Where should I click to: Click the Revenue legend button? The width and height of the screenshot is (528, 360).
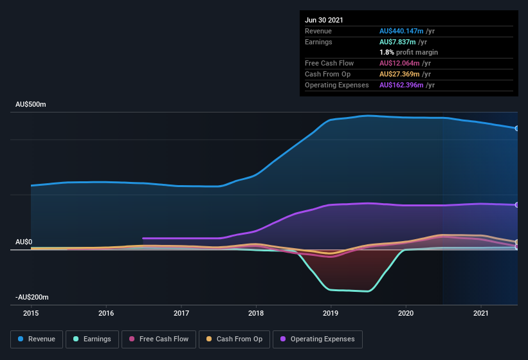click(37, 339)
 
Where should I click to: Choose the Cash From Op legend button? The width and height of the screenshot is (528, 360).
click(234, 339)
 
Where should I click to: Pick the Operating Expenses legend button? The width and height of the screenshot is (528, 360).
click(318, 339)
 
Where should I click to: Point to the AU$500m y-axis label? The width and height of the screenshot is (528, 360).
click(32, 104)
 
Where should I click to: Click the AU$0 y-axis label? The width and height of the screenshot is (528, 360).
click(24, 242)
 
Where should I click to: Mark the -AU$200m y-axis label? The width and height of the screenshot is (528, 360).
click(32, 297)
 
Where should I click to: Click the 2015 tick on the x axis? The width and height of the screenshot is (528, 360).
click(31, 313)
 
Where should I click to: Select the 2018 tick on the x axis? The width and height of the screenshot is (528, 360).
click(256, 313)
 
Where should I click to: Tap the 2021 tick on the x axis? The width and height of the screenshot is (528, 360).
click(481, 313)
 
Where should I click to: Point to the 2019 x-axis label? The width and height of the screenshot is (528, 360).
click(331, 313)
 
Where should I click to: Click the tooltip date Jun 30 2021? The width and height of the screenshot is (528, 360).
click(324, 20)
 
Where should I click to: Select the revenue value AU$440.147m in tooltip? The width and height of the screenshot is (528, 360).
click(401, 31)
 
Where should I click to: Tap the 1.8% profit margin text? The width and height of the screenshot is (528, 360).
click(408, 52)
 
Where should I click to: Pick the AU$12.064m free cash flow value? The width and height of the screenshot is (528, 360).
click(399, 63)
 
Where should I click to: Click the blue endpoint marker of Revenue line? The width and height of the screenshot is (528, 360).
click(517, 129)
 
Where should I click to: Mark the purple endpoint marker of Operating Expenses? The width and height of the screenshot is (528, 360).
click(517, 205)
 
